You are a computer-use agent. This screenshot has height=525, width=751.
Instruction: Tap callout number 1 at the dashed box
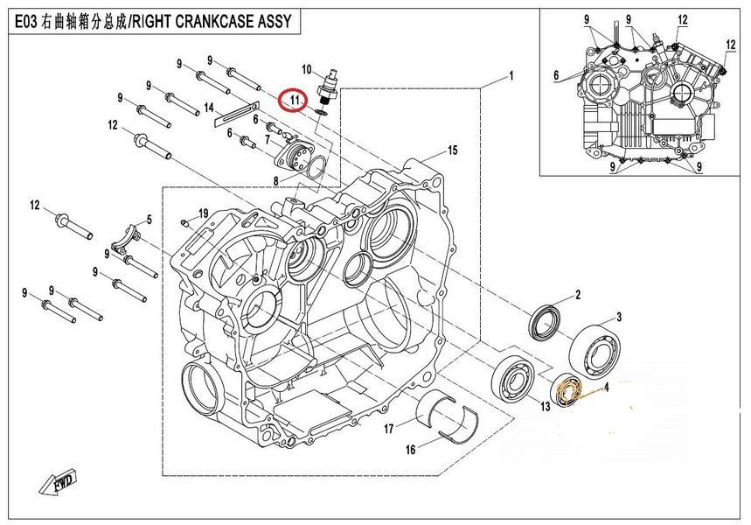point(511,76)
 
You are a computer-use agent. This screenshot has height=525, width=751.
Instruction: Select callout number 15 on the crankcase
point(452,150)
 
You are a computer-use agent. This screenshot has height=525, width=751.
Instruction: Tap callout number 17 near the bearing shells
point(389,428)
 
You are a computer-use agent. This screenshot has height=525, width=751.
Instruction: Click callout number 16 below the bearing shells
point(410,449)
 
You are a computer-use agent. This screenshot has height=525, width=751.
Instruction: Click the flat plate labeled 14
point(237,115)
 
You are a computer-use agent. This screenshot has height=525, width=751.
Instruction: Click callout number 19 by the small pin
point(204,213)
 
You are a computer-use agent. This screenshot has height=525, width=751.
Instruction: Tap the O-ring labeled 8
point(315,169)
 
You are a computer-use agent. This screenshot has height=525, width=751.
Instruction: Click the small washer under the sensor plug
point(322,112)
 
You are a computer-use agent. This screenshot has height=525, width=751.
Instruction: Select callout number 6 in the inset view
point(555,74)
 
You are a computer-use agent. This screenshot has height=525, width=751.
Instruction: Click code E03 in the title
point(24,22)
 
